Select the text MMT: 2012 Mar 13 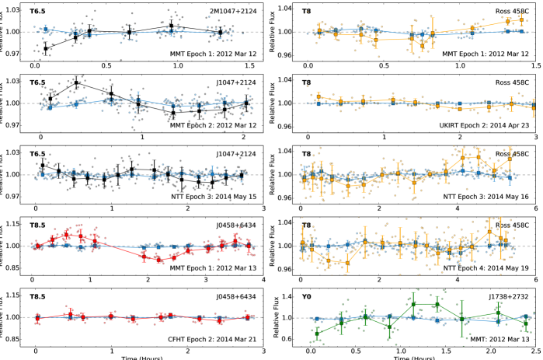(x=505, y=338)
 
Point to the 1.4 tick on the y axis (x=284, y=296)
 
